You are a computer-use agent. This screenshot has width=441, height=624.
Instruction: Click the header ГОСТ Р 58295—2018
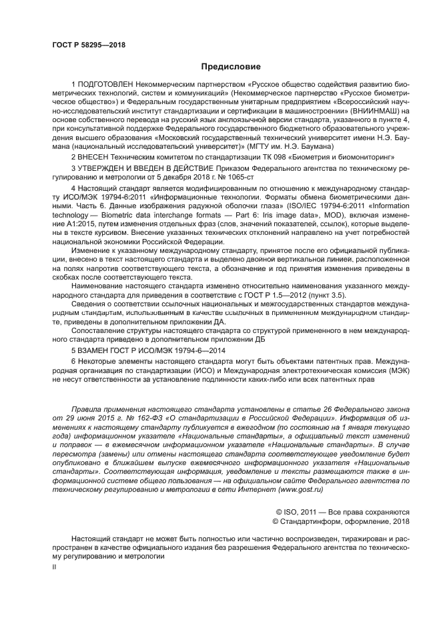[89, 45]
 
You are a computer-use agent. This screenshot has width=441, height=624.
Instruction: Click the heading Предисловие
[231, 67]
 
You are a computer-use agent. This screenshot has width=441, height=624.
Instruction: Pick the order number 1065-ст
[239, 176]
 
